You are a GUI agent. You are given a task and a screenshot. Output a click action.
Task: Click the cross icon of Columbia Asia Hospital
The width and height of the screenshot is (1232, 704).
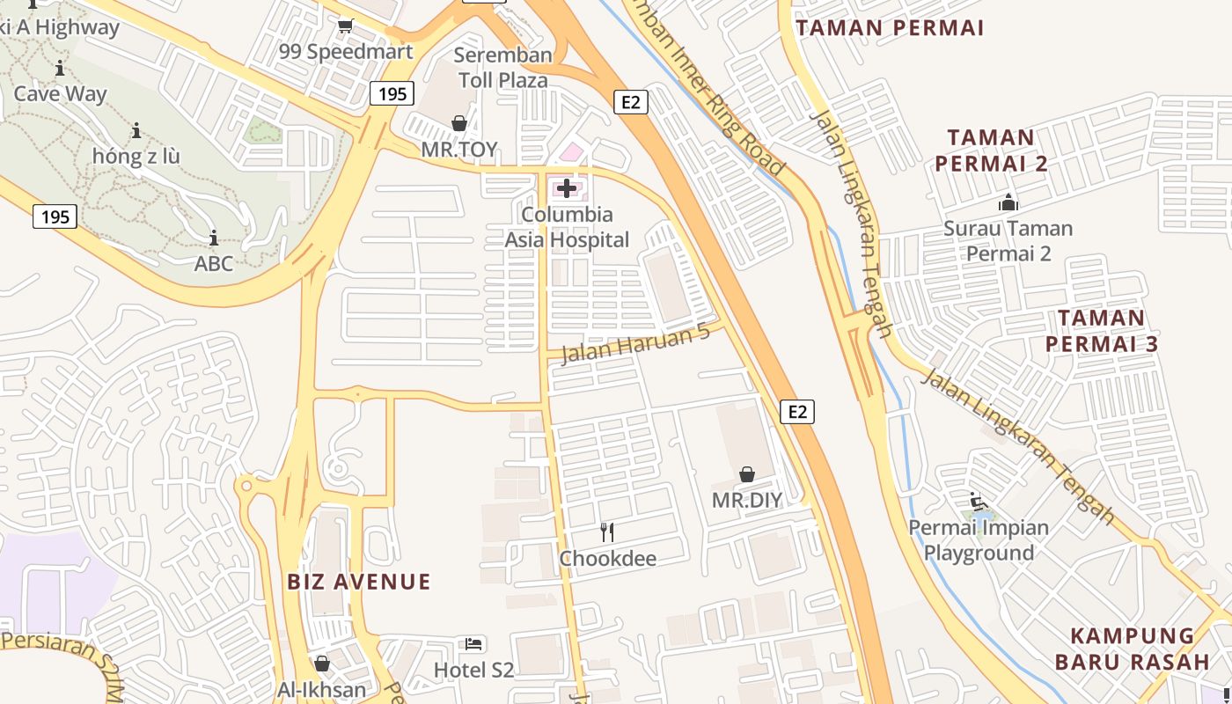pos(567,187)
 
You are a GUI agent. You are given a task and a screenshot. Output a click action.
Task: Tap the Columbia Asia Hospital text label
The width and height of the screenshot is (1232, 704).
pos(567,227)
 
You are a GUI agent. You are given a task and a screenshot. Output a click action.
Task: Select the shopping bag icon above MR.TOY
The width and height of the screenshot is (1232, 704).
pos(458,123)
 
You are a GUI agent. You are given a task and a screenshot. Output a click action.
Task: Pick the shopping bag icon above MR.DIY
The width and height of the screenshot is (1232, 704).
pos(746,474)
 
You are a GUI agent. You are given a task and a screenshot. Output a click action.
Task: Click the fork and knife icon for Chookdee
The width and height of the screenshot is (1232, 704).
pos(606,532)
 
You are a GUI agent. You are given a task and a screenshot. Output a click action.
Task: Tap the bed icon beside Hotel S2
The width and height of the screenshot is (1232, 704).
pos(473,644)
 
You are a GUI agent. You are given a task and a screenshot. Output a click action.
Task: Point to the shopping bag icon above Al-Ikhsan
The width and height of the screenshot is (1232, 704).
pos(322,664)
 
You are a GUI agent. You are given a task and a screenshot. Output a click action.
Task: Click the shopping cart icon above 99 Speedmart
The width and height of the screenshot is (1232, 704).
pos(346,26)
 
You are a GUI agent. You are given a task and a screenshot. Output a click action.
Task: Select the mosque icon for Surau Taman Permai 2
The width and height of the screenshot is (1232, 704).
pos(1008,202)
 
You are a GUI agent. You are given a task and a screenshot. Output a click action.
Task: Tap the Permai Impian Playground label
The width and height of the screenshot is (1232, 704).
pos(979,540)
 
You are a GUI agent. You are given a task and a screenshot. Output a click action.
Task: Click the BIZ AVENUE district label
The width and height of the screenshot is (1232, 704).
pos(359,582)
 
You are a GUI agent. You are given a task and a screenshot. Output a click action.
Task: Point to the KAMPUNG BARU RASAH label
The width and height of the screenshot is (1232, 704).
pos(1133,649)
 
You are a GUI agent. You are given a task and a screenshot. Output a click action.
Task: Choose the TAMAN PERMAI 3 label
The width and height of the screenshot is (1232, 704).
pos(1102,331)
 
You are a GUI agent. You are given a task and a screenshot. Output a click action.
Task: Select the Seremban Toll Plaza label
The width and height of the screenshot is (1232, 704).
pos(503,68)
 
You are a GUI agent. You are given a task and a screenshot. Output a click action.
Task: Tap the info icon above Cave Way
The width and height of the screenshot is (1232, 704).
pos(60,68)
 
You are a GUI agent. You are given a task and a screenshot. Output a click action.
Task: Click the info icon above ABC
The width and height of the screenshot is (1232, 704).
pos(213,238)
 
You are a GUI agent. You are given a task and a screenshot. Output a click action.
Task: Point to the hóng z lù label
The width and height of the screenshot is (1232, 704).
pos(136,157)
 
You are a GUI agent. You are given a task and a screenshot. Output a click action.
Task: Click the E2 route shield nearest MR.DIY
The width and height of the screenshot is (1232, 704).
pos(797,411)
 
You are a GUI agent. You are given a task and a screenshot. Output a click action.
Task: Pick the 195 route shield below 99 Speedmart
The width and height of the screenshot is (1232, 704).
pos(392,93)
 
